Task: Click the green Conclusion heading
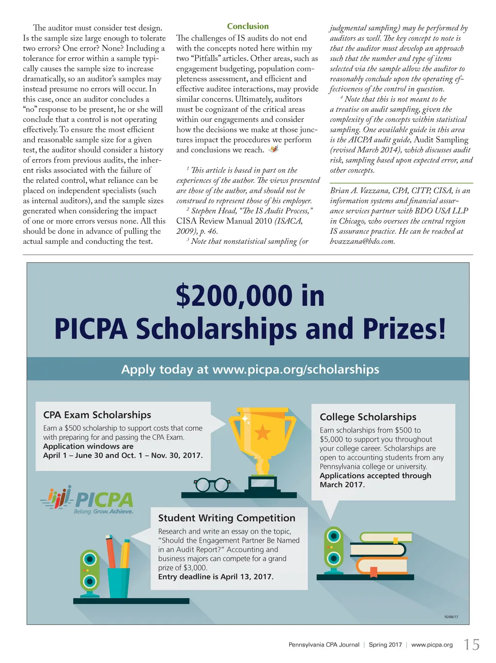click(x=248, y=27)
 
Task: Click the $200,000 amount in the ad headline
click(x=234, y=296)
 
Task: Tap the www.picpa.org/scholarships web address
click(x=295, y=370)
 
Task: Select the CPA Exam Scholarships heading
click(x=97, y=415)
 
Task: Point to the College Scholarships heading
click(x=368, y=417)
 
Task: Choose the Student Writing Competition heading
click(x=226, y=518)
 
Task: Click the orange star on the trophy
click(x=263, y=432)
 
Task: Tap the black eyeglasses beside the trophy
click(x=212, y=484)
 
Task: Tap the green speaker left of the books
click(x=333, y=547)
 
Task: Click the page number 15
click(x=471, y=645)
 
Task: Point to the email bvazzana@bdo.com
click(x=362, y=241)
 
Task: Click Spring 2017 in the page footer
click(x=385, y=645)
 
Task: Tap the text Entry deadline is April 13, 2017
click(x=216, y=577)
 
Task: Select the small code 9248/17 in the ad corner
click(x=450, y=617)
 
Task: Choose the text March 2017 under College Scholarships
click(x=342, y=484)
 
